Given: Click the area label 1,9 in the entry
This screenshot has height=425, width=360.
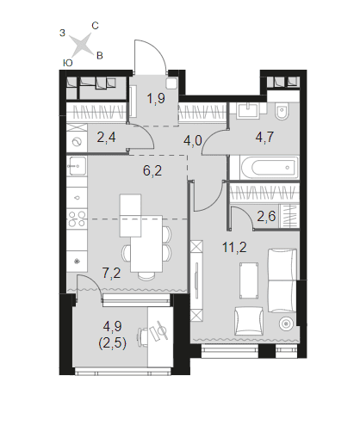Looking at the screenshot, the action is coord(156,99).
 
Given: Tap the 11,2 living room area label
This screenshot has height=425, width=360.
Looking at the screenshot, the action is coord(234,247).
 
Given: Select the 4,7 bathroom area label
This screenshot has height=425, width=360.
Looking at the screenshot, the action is coord(264,137).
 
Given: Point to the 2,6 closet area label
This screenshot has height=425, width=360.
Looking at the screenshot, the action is coord(266,216).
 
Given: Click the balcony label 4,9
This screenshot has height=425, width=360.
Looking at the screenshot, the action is coord(112,326).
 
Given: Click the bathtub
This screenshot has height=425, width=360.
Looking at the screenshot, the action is coord(268,168).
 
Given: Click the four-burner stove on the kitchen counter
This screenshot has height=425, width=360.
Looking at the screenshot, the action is coord(77,219).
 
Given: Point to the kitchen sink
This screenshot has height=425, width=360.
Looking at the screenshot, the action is coord(76,166).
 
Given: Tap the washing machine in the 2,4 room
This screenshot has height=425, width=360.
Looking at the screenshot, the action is coord(77,142).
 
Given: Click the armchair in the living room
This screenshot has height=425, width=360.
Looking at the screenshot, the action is coord(249,321).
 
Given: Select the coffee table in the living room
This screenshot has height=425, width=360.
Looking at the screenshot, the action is coord(248,280).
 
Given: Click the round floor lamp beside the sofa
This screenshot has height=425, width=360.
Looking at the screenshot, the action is coord(286,323).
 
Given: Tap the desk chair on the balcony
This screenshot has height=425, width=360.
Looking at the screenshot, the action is coord(143,337).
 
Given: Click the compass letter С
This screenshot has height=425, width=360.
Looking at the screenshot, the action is coord(95,26).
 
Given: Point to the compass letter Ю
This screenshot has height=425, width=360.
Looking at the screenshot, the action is coord(67,63).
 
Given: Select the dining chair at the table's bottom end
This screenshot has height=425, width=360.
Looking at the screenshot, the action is coord(146,275).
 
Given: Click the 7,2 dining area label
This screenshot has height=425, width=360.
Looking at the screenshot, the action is coord(111,273).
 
